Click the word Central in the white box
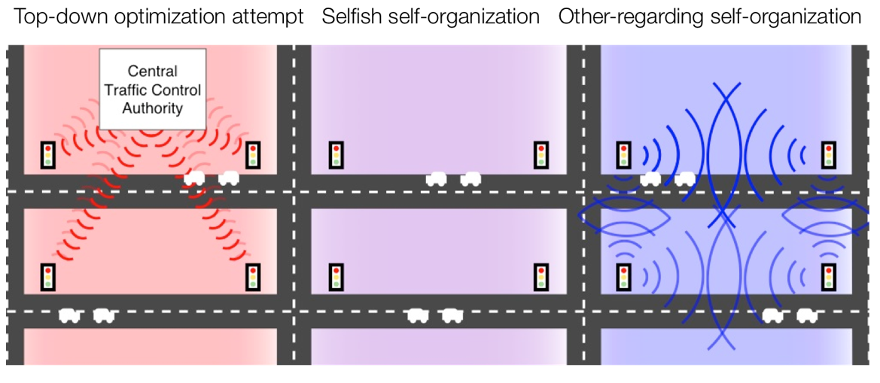153,71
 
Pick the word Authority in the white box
153,108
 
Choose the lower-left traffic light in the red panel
49,276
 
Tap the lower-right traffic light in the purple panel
541,276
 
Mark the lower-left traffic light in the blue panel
623,276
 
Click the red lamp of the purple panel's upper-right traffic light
541,148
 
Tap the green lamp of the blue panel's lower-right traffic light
828,284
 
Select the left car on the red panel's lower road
69,316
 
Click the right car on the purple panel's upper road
470,179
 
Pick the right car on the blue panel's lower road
807,316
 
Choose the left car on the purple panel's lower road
418,316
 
